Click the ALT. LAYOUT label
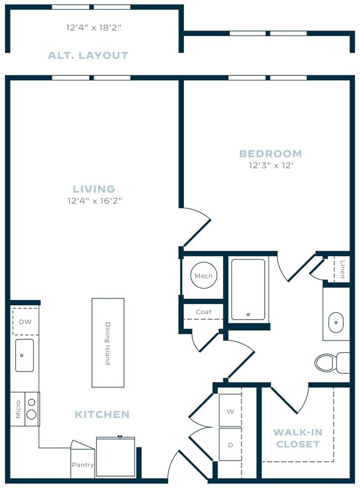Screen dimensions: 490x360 coord(88,55)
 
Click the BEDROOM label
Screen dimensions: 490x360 coord(270,153)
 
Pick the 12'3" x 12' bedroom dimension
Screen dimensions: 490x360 coord(270,165)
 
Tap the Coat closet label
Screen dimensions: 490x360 coord(203,312)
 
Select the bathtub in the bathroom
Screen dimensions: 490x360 coord(248,289)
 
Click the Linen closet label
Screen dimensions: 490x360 coord(343,269)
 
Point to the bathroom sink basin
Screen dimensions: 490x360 coord(336,321)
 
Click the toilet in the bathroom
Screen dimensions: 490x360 coord(330,363)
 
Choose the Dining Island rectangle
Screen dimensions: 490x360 coord(108,343)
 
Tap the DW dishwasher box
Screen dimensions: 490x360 coord(24,322)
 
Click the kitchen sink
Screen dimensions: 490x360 coord(24,355)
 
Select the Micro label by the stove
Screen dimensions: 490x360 coord(18,410)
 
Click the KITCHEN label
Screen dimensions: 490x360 coord(102,414)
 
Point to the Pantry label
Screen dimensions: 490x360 coord(83,465)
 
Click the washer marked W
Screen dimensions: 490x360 coord(230,411)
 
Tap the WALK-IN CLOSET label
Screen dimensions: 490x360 coord(297,438)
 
